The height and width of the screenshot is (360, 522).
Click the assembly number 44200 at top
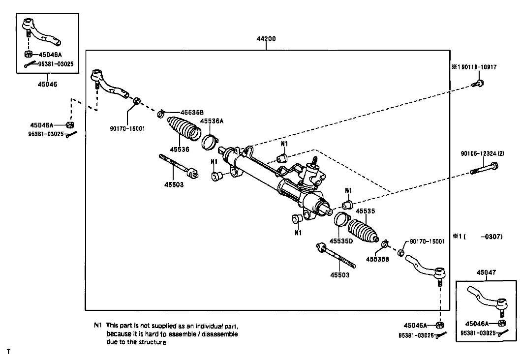[x=266, y=38]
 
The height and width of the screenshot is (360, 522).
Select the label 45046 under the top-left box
[x=47, y=84]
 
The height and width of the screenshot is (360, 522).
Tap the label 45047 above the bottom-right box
[x=486, y=272]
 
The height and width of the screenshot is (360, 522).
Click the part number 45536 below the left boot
[x=180, y=150]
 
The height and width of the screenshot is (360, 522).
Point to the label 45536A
[x=212, y=121]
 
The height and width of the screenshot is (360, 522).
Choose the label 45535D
[x=341, y=241]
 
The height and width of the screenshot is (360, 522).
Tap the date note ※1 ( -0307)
[x=477, y=237]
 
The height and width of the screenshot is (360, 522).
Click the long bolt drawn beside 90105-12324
[x=485, y=168]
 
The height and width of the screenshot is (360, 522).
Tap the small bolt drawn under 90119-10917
[x=478, y=83]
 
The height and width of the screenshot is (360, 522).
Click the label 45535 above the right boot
[x=365, y=211]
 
